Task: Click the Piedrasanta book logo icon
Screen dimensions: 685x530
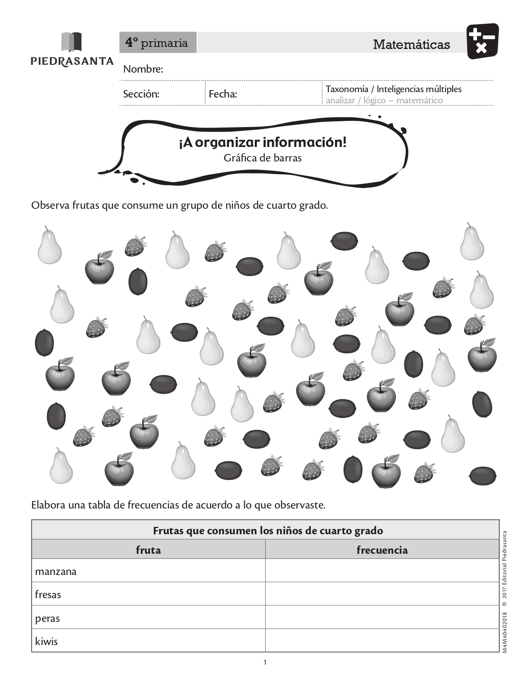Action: pos(71,42)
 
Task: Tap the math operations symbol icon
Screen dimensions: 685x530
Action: pos(482,41)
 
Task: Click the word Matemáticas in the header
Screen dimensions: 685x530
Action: pos(411,44)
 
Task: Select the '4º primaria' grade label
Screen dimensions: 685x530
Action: pos(157,43)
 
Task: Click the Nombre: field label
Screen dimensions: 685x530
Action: pos(143,69)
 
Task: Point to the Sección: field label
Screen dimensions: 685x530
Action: pos(141,94)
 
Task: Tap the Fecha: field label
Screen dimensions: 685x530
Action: pos(223,94)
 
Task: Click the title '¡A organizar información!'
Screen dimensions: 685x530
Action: pos(262,142)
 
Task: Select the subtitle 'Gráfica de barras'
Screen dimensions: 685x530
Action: pos(262,158)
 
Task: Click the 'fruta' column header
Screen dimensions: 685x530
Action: pos(148,550)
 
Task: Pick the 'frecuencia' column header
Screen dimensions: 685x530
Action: pos(382,550)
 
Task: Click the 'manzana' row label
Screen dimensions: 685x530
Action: pos(56,572)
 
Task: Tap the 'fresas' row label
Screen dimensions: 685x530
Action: pos(48,595)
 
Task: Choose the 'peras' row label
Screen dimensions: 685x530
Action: pos(47,619)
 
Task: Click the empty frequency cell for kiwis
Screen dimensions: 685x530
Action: pos(382,641)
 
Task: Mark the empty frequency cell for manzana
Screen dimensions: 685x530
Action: pos(382,571)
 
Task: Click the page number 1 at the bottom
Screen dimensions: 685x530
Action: pos(265,662)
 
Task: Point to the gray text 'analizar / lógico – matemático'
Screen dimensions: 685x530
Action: pos(384,100)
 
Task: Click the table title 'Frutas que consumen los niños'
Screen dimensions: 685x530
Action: pos(268,531)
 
